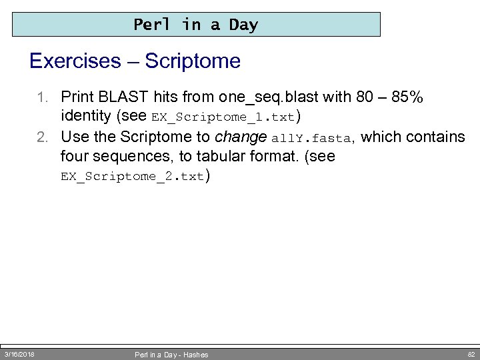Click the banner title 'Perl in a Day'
click(195, 25)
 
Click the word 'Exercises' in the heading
click(74, 61)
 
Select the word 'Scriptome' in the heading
click(192, 61)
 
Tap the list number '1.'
click(47, 97)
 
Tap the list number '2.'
click(47, 137)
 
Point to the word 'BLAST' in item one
click(119, 97)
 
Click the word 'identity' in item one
click(85, 117)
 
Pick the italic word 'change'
click(242, 137)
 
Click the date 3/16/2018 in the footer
click(20, 354)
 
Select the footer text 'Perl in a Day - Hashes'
click(172, 355)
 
